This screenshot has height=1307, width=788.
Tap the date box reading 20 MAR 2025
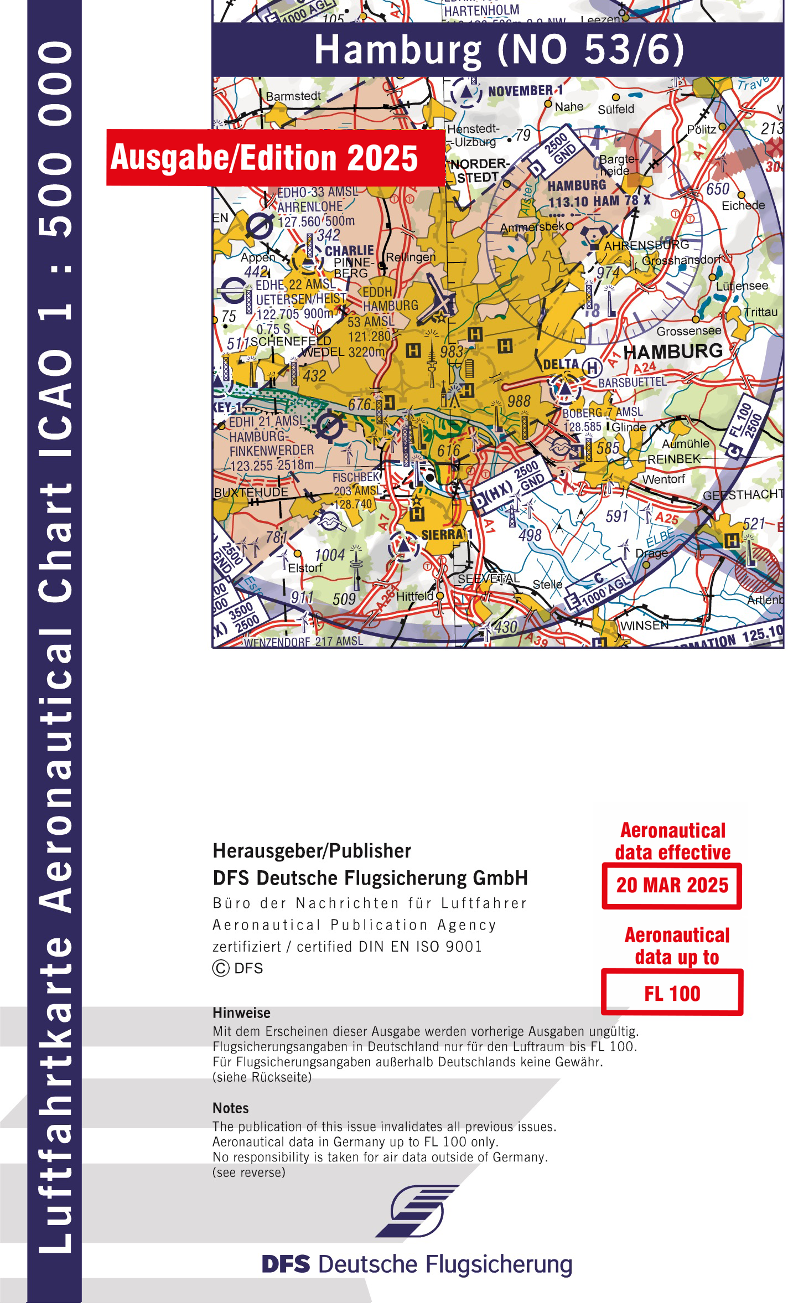pyautogui.click(x=672, y=886)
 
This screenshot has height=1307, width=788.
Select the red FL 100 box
pyautogui.click(x=672, y=994)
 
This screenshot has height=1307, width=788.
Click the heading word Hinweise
pyautogui.click(x=242, y=1013)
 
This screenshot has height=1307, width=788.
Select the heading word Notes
pyautogui.click(x=231, y=1108)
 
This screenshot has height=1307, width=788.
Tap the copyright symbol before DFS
pyautogui.click(x=221, y=968)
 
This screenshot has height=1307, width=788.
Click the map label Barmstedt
pyautogui.click(x=293, y=96)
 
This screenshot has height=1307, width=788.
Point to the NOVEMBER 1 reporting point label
pyautogui.click(x=525, y=91)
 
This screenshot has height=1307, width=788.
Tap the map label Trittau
pyautogui.click(x=761, y=312)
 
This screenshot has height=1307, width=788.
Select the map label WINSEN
pyautogui.click(x=644, y=626)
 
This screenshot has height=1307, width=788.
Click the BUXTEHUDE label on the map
pyautogui.click(x=251, y=492)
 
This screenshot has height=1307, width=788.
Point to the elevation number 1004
pyautogui.click(x=330, y=555)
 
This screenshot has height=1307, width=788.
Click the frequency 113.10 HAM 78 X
pyautogui.click(x=599, y=201)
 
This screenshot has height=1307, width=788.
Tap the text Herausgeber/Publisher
pyautogui.click(x=312, y=851)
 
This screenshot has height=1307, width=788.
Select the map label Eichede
pyautogui.click(x=743, y=206)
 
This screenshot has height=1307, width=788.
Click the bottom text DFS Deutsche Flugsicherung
pyautogui.click(x=417, y=1265)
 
